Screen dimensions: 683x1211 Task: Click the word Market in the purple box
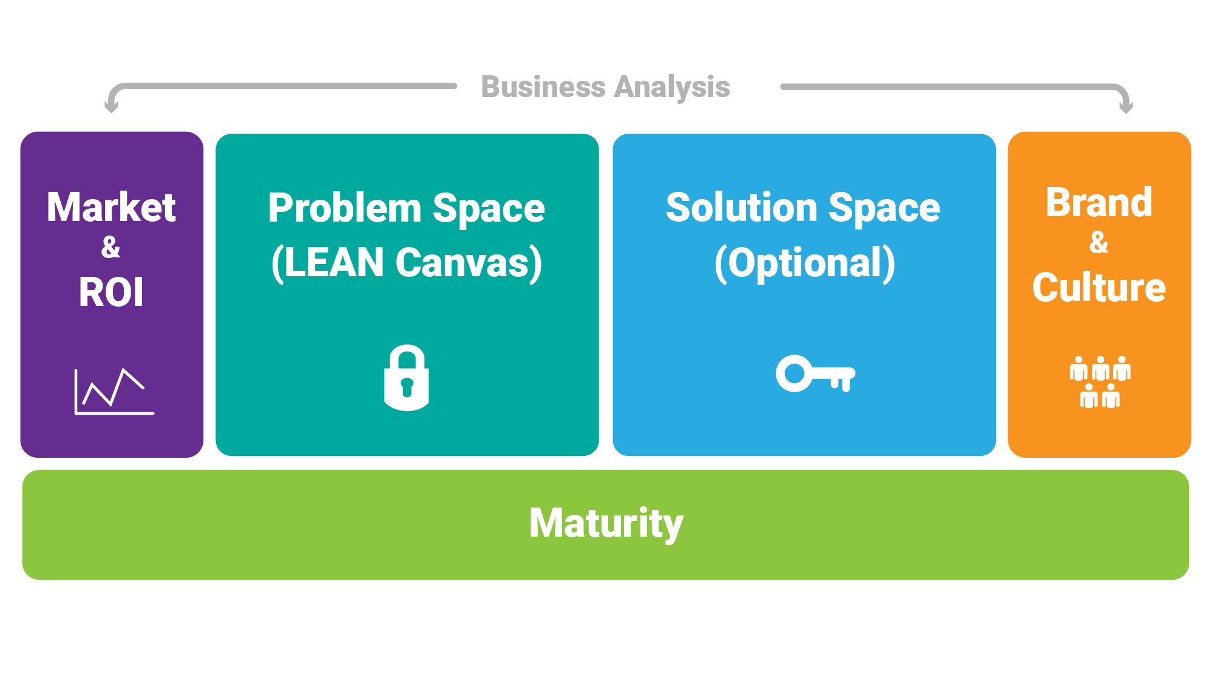pos(111,208)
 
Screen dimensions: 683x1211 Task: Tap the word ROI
pos(111,292)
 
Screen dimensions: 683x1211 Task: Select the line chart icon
pos(114,392)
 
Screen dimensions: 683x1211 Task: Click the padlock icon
pos(406,378)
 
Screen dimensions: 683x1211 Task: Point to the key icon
pos(815,373)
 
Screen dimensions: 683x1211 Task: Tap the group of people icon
pos(1099,382)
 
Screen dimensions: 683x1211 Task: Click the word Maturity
pos(606,523)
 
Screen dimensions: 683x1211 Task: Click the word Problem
pos(345,208)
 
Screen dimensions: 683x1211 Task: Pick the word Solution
pos(742,208)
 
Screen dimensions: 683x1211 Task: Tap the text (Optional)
pos(804,263)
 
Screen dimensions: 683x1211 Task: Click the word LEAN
pos(333,263)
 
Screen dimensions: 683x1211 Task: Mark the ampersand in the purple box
pos(111,247)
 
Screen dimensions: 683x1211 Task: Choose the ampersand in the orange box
pos(1099,242)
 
